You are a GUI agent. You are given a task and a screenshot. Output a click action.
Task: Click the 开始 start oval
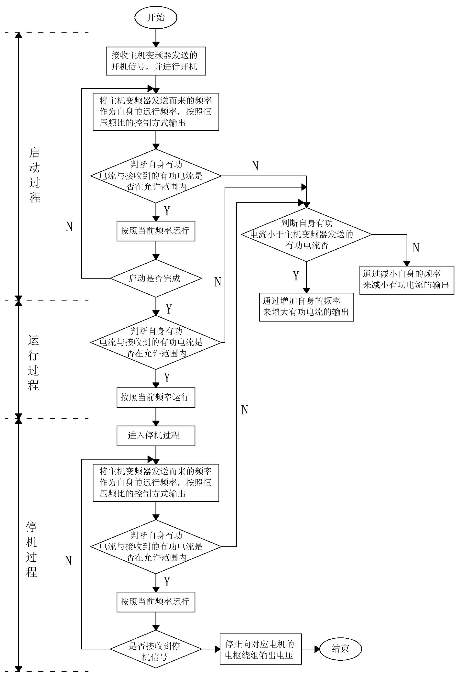tap(156, 17)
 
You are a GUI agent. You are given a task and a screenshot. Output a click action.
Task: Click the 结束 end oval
tap(340, 649)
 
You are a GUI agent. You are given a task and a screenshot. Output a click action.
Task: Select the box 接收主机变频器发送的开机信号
tap(156, 61)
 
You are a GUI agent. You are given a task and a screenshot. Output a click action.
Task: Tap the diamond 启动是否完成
tap(156, 278)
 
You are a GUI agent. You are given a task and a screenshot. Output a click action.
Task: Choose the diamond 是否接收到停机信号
tap(156, 649)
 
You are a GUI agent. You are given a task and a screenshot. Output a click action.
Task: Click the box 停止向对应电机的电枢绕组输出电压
tap(261, 649)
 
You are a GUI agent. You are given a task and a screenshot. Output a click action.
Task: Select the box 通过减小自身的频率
tap(407, 280)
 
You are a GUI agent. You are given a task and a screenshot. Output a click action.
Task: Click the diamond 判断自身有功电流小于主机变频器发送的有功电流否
tap(306, 234)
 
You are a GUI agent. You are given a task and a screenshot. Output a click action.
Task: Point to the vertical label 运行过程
tap(33, 363)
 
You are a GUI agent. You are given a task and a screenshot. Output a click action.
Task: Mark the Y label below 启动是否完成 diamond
tap(169, 309)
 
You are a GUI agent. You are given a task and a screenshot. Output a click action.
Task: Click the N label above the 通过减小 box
tap(416, 248)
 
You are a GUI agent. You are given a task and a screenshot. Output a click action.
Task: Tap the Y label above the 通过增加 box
tap(296, 276)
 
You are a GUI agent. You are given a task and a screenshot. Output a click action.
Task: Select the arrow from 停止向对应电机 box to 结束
tap(311, 649)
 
